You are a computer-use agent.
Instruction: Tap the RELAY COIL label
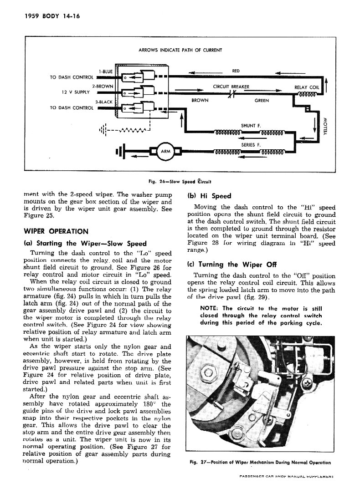tap(306, 87)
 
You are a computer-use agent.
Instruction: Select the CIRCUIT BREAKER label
tap(231, 87)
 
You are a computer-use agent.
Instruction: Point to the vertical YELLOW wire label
tap(326, 127)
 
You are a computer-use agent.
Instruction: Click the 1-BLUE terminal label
tap(106, 71)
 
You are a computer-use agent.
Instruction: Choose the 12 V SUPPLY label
tap(75, 92)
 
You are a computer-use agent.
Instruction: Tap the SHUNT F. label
tap(251, 126)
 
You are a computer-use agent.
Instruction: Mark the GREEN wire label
tap(262, 101)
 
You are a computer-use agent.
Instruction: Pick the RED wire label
tap(236, 71)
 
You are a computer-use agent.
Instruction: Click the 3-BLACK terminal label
tap(104, 102)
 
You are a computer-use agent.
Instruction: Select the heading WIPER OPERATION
tap(56, 231)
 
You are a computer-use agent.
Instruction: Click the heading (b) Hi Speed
tap(209, 196)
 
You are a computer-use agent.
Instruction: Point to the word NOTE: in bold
tap(209, 308)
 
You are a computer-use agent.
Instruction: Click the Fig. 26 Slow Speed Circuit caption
tap(180, 182)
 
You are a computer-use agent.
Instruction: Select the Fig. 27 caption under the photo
tap(260, 463)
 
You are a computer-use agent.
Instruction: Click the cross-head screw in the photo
tap(306, 383)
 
